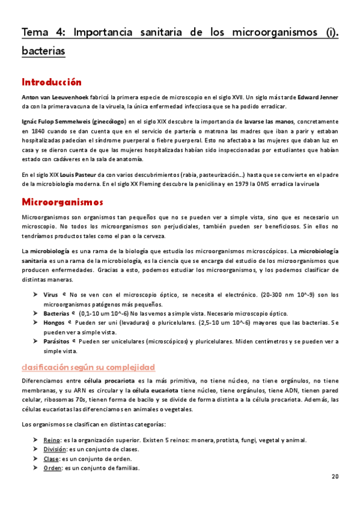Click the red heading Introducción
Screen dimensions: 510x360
pos(51,82)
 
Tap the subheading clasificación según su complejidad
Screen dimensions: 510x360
pos(88,366)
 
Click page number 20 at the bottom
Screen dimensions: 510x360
pos(335,476)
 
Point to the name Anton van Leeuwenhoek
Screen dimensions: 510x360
pos(55,97)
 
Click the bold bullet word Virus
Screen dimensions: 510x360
pos(50,295)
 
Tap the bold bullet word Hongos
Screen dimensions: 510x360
pos(55,322)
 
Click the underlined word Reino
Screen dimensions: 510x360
pos(52,440)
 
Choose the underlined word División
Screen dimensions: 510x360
pos(55,449)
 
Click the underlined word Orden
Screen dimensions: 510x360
pos(53,468)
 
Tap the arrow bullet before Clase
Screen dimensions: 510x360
pos(37,459)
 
